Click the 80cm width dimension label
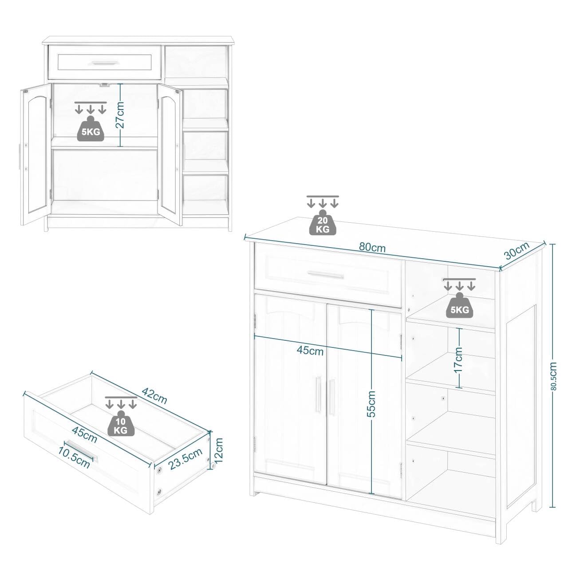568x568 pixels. (372, 248)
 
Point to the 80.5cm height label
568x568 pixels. (553, 376)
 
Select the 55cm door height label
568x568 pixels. (371, 403)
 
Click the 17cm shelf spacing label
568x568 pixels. (458, 360)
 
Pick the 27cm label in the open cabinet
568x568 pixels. (120, 114)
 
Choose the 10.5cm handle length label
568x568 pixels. (74, 457)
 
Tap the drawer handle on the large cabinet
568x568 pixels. (326, 275)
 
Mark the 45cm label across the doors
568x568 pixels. (310, 351)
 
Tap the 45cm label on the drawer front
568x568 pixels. (84, 435)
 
